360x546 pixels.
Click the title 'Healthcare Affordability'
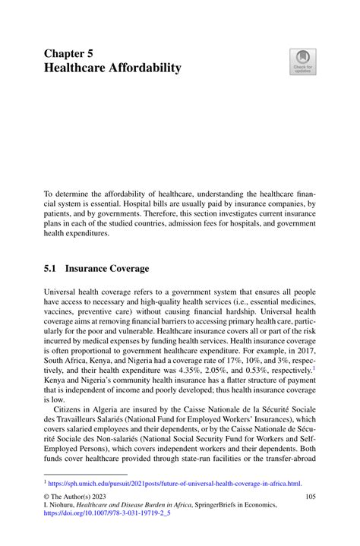(112, 69)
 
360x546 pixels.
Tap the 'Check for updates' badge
(303, 63)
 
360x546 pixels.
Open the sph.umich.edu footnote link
(175, 482)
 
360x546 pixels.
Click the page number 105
(310, 497)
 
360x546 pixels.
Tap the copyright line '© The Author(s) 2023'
(75, 497)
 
